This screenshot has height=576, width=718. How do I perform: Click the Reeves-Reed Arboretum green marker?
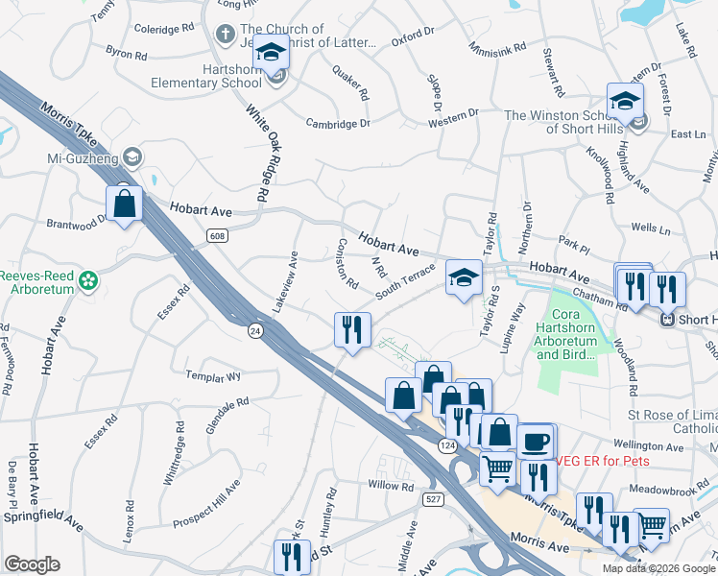pyautogui.click(x=89, y=281)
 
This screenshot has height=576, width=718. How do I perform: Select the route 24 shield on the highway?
pyautogui.click(x=254, y=330)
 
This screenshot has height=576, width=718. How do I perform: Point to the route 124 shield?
pyautogui.click(x=447, y=446)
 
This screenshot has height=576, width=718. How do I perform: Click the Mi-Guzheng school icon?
pyautogui.click(x=132, y=156)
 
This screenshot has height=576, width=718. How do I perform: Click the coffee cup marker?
pyautogui.click(x=535, y=442)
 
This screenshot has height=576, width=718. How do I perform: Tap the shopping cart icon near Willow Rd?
pyautogui.click(x=497, y=468)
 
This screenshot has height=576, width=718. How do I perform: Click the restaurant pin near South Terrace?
pyautogui.click(x=351, y=329)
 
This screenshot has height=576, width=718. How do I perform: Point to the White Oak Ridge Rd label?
pyautogui.click(x=257, y=154)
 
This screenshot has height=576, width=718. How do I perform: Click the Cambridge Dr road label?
pyautogui.click(x=338, y=123)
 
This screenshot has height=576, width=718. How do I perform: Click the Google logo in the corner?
pyautogui.click(x=32, y=564)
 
